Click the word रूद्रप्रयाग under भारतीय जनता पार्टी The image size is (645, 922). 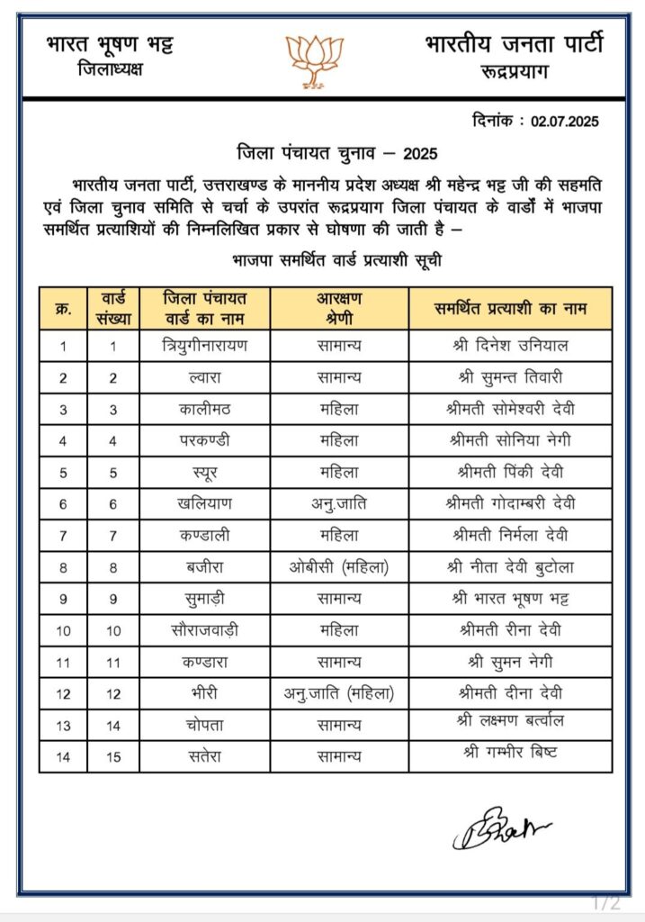515,71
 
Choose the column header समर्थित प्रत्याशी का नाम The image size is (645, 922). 509,308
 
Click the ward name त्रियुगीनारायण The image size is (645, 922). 205,346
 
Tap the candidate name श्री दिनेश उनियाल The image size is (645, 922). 509,346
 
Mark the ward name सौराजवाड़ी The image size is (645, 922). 205,629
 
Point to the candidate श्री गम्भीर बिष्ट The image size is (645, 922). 509,753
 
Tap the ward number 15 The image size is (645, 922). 113,755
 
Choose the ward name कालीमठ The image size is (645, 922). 205,409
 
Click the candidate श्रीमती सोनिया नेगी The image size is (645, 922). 509,440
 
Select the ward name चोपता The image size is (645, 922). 205,724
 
